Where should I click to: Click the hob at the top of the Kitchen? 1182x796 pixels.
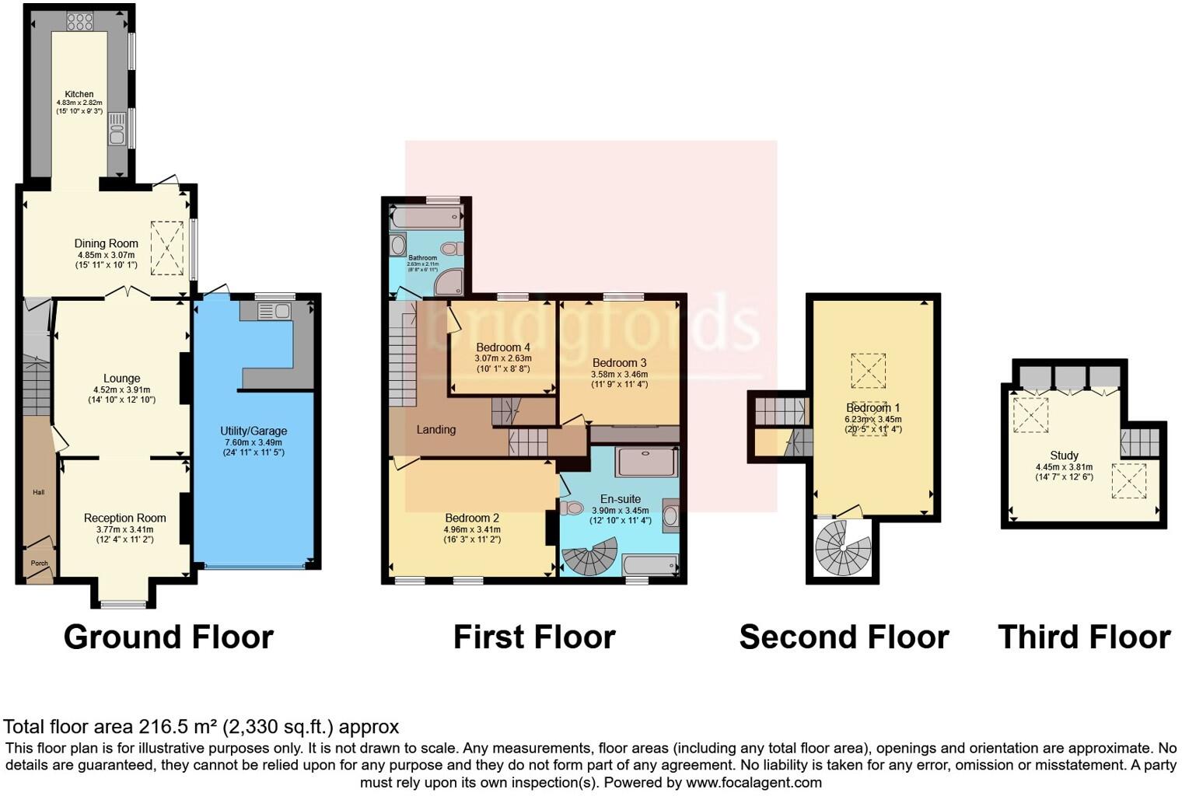click(80, 22)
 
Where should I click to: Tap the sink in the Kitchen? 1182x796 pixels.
click(117, 129)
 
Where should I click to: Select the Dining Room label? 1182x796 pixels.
click(107, 243)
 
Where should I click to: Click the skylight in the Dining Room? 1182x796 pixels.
click(167, 248)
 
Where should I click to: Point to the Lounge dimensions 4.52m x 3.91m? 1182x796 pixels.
click(121, 390)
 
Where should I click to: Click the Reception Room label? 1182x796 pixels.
click(125, 518)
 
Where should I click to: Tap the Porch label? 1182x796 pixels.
click(39, 563)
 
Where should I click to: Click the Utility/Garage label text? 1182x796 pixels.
click(254, 431)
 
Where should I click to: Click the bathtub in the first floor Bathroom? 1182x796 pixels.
click(425, 217)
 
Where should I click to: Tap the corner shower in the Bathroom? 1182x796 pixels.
click(449, 284)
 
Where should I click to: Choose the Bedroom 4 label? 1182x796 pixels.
click(503, 347)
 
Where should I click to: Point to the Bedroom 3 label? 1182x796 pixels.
click(619, 362)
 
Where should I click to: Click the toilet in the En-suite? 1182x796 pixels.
click(573, 508)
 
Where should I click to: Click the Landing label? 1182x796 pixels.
click(435, 429)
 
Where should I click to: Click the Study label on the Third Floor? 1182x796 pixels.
click(1064, 456)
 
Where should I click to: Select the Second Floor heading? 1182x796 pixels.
click(844, 637)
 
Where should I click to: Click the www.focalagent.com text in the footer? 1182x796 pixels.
click(754, 782)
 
